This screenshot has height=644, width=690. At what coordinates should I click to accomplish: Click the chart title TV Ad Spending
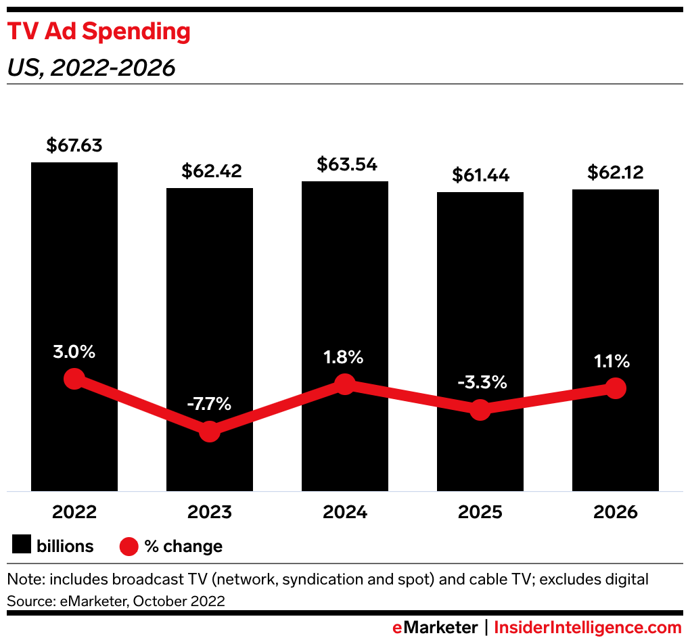pos(99,32)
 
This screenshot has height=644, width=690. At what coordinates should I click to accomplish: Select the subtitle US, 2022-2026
pos(91,68)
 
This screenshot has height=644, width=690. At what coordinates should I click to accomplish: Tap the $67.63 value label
pos(74,145)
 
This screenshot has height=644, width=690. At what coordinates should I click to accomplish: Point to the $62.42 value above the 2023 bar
pos(211,171)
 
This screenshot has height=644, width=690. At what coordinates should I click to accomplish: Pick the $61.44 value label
pos(480,175)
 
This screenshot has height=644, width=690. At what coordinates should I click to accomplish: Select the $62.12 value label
pos(616,172)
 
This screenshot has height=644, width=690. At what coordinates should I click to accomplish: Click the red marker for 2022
pos(74,379)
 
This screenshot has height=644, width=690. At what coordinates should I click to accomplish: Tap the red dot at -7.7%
pos(210,431)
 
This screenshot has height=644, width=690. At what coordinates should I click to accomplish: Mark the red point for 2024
pos(345,384)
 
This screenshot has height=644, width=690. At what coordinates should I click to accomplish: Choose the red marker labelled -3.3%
pos(480,409)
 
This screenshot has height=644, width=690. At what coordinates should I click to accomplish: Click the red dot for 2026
pos(615,388)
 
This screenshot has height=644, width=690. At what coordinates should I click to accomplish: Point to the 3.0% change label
pos(74,352)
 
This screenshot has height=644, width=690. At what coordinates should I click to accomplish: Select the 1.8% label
pos(344,356)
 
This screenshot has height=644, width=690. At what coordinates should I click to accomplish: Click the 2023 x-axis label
pos(210,512)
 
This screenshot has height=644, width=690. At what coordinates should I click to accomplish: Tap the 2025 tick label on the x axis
pos(480,512)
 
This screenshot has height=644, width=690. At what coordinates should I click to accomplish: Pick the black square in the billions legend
pos(22,545)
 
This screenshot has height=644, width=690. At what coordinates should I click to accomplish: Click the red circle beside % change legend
pos(129,546)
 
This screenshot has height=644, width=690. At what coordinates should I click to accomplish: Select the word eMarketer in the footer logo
pos(435,628)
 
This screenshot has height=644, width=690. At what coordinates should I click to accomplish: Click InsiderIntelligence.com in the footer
pos(587,628)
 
